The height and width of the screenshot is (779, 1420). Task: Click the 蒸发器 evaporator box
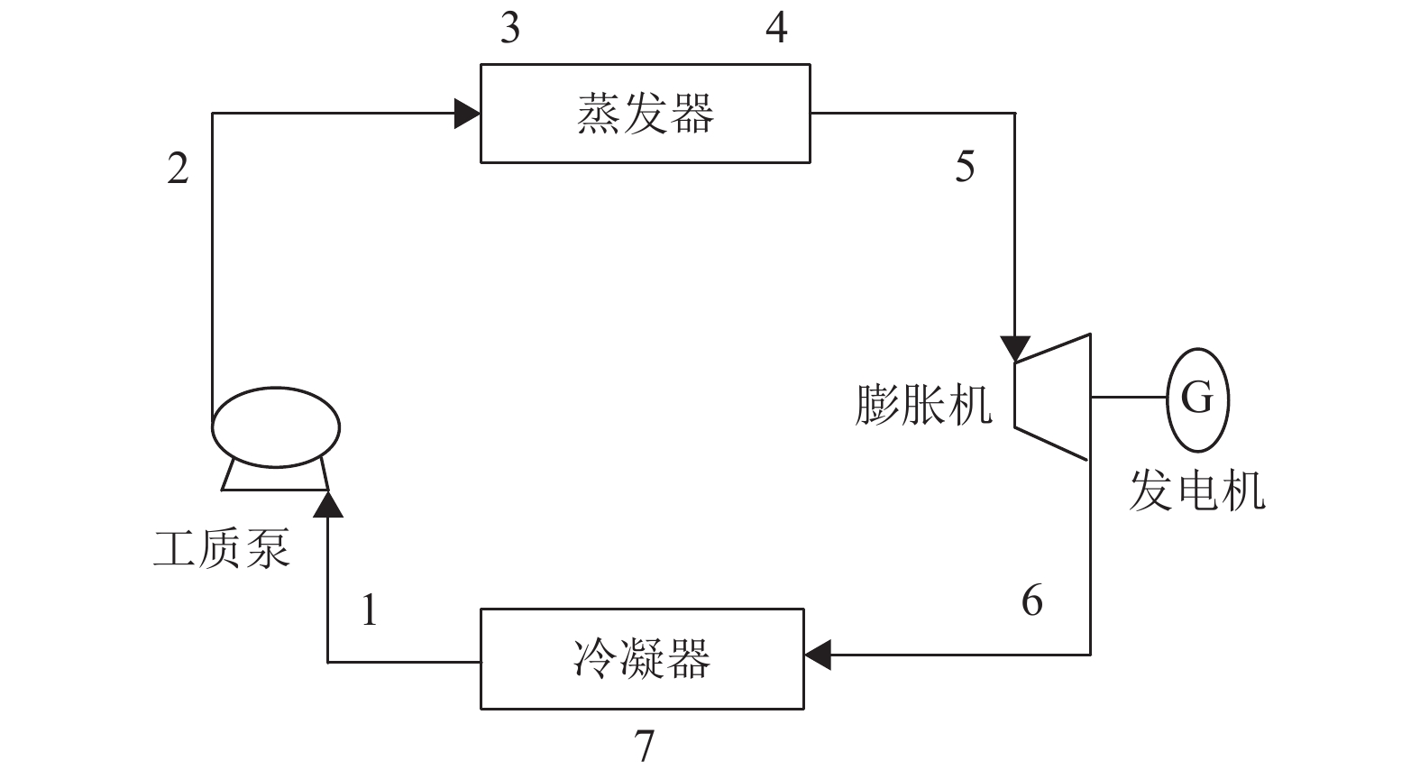click(645, 114)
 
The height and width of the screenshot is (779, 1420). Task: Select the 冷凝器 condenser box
click(641, 658)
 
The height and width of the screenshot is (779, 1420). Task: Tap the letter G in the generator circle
click(1196, 398)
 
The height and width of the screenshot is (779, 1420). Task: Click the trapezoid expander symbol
click(1054, 397)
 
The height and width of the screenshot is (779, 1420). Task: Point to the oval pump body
click(276, 427)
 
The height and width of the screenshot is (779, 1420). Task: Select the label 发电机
click(1197, 491)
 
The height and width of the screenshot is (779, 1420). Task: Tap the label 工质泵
click(222, 547)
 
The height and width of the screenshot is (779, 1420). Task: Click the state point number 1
click(369, 610)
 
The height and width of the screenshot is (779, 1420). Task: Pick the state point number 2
click(179, 168)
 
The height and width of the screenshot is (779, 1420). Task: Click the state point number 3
click(510, 29)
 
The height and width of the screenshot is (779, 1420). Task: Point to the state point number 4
click(776, 29)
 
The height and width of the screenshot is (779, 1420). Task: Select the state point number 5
click(965, 167)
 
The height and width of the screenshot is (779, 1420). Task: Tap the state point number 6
click(1032, 600)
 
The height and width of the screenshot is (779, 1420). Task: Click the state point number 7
click(644, 746)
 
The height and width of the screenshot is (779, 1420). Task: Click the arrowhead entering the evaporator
click(467, 114)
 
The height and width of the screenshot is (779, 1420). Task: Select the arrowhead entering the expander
click(1016, 348)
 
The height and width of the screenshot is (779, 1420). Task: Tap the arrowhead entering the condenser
click(817, 655)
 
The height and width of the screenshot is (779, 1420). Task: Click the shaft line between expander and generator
click(1129, 397)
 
